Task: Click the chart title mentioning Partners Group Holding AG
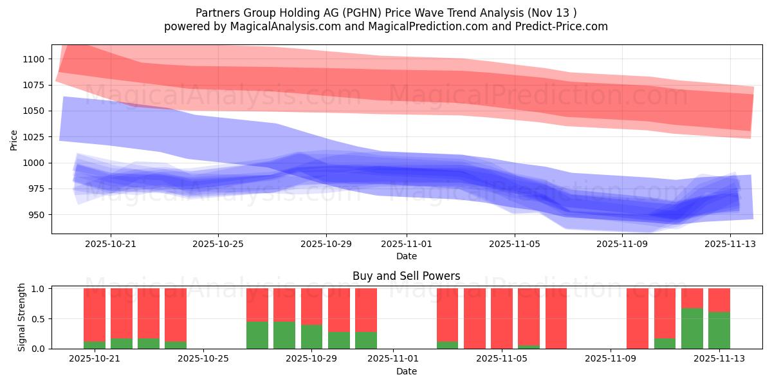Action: pyautogui.click(x=385, y=13)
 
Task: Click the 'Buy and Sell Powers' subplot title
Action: pyautogui.click(x=406, y=276)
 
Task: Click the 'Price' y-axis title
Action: pyautogui.click(x=14, y=139)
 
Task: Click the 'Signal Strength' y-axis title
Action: pyautogui.click(x=22, y=317)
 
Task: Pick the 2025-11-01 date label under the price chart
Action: pyautogui.click(x=406, y=244)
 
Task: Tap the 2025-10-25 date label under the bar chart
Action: pyautogui.click(x=203, y=359)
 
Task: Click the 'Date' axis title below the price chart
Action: pyautogui.click(x=406, y=256)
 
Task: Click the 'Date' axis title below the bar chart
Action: pyautogui.click(x=406, y=371)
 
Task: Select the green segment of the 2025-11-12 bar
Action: pyautogui.click(x=692, y=328)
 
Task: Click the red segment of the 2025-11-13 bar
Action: pyautogui.click(x=719, y=300)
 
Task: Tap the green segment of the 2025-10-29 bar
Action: pyautogui.click(x=312, y=336)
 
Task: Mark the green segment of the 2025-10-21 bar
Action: pyautogui.click(x=95, y=345)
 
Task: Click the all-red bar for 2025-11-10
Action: pyautogui.click(x=638, y=318)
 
